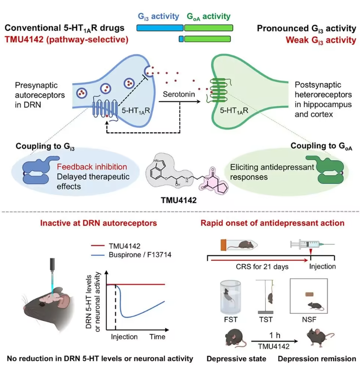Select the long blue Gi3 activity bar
coord(159,28)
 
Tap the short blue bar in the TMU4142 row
coord(181,39)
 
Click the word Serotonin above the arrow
coord(178,95)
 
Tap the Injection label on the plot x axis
coord(124,337)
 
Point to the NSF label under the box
coord(308,318)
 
